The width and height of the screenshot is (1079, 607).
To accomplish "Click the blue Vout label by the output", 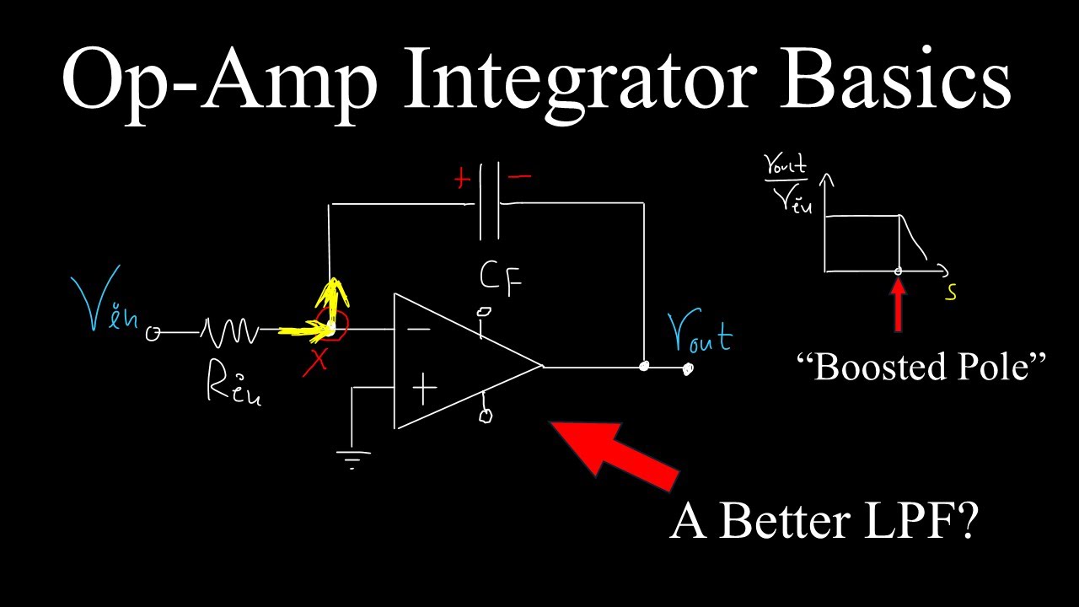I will coord(700,334).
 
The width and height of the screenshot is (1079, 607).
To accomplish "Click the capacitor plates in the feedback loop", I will coord(489,202).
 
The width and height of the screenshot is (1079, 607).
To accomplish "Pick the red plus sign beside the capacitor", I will coord(462,179).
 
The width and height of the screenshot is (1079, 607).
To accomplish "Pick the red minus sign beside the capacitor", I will coord(521,178).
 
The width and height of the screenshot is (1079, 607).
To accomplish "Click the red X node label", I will coord(316,361).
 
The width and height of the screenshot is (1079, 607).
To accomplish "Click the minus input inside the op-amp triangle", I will coord(421,329).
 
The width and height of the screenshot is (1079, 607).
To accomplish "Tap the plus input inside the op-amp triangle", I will coord(424,389).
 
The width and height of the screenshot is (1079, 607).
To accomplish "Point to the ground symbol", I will coord(352,459).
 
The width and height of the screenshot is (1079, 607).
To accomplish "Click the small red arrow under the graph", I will coord(899,306).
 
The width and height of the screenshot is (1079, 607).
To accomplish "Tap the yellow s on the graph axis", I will coord(951,293).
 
